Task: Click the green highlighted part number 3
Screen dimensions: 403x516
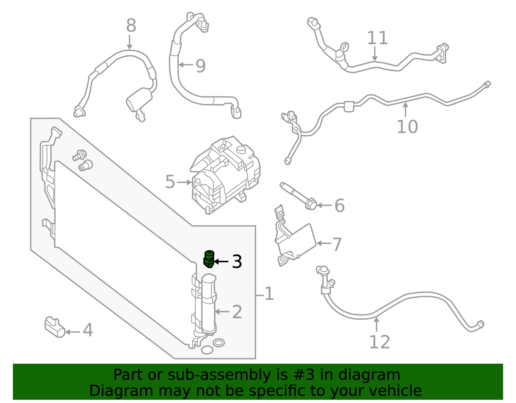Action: point(209,259)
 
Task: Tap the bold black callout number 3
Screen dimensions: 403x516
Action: point(237,262)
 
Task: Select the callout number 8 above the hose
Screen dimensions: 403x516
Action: point(131,25)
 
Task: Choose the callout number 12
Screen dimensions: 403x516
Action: point(379,342)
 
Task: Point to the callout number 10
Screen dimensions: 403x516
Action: point(407,126)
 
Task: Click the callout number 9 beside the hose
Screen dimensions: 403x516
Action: point(200,66)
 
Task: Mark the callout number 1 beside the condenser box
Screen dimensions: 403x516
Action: point(269,294)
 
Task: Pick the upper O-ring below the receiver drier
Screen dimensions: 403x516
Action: point(219,343)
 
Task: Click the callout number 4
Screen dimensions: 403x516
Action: point(88,331)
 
